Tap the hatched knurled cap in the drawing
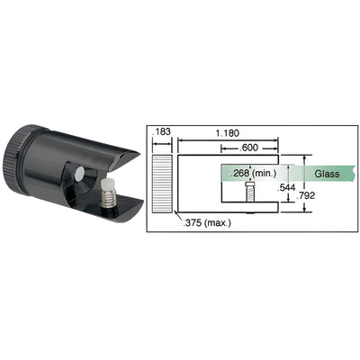tap(159, 183)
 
